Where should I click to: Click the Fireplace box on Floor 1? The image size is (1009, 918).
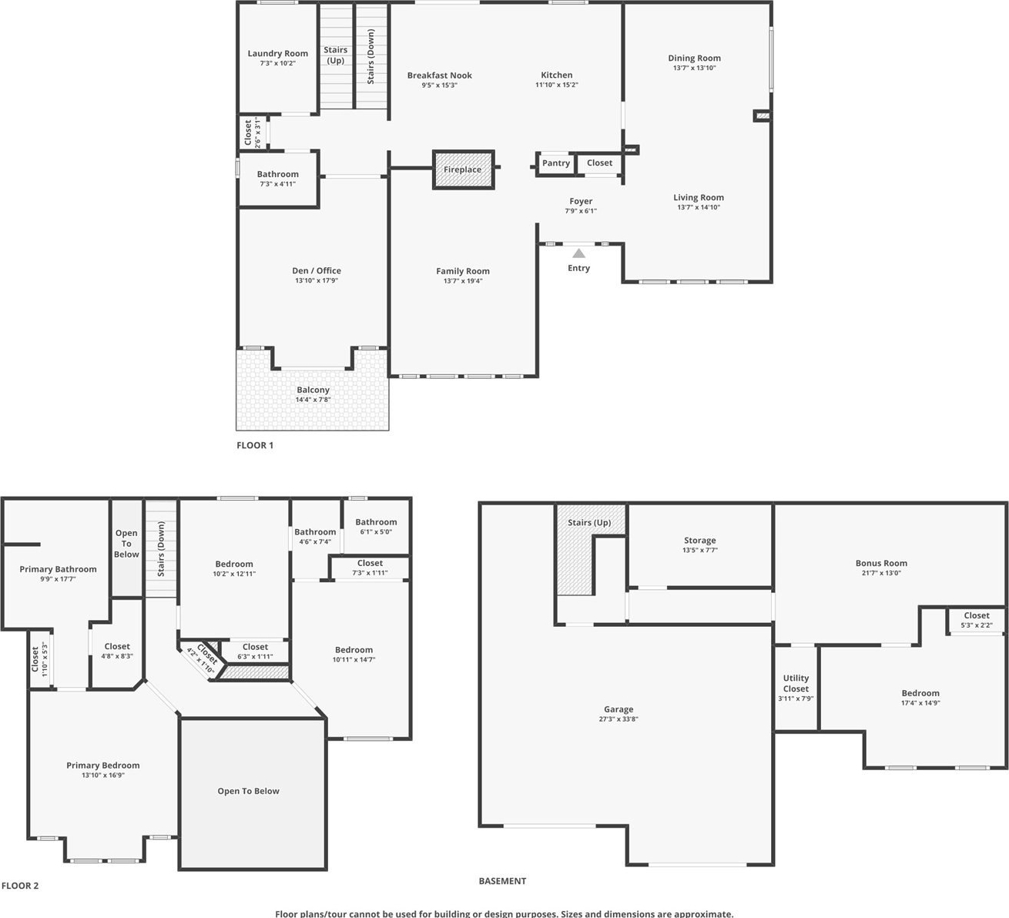(x=463, y=169)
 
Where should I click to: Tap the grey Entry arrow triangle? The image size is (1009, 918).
(x=579, y=253)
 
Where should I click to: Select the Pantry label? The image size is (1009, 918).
(x=556, y=163)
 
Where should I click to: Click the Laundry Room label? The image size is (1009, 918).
(x=277, y=53)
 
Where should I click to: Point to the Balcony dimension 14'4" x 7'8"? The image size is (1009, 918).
(x=313, y=400)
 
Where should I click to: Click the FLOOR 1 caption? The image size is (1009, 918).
(x=255, y=445)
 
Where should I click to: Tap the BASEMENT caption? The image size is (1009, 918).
(x=502, y=881)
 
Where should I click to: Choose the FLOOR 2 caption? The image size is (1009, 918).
(x=20, y=886)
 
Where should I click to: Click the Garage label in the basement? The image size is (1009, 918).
(x=618, y=709)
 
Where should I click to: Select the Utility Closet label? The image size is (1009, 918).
(x=796, y=684)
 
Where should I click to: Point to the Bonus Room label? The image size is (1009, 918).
(x=881, y=564)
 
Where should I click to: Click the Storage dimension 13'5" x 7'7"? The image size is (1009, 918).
(x=699, y=551)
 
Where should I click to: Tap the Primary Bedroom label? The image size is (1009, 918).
(x=103, y=765)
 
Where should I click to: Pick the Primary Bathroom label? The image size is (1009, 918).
(x=58, y=569)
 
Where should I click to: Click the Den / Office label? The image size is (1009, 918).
(x=317, y=270)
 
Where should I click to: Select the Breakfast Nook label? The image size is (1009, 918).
(x=440, y=75)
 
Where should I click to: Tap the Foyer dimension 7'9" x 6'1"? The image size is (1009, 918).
(x=581, y=211)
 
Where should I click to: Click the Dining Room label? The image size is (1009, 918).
(x=694, y=58)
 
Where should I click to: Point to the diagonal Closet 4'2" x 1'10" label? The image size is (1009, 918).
(x=203, y=658)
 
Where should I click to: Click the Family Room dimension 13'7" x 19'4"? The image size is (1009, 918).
(x=463, y=281)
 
